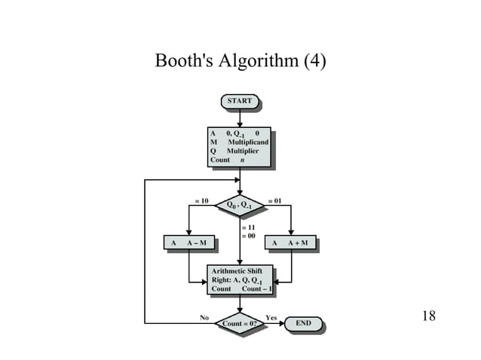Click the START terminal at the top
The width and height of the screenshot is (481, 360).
pyautogui.click(x=240, y=101)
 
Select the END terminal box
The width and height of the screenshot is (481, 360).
pyautogui.click(x=304, y=324)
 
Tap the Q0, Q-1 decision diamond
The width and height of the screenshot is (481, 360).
pyautogui.click(x=240, y=204)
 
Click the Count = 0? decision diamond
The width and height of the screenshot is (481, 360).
pyautogui.click(x=240, y=324)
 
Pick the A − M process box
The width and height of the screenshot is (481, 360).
pyautogui.click(x=188, y=243)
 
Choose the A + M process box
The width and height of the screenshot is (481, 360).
pyautogui.click(x=291, y=243)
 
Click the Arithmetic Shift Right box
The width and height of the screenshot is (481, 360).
pyautogui.click(x=240, y=279)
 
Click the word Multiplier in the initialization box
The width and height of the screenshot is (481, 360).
pyautogui.click(x=243, y=151)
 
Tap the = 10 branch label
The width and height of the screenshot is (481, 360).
pyautogui.click(x=201, y=201)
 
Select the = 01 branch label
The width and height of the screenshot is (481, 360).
pyautogui.click(x=275, y=201)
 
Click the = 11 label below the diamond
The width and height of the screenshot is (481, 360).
pyautogui.click(x=248, y=227)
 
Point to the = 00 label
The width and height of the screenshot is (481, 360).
pyautogui.click(x=248, y=236)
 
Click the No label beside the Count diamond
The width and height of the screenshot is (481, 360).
pyautogui.click(x=204, y=317)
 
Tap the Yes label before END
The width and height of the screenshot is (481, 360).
pyautogui.click(x=272, y=317)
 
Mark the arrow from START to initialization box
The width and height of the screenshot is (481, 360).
pyautogui.click(x=240, y=117)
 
